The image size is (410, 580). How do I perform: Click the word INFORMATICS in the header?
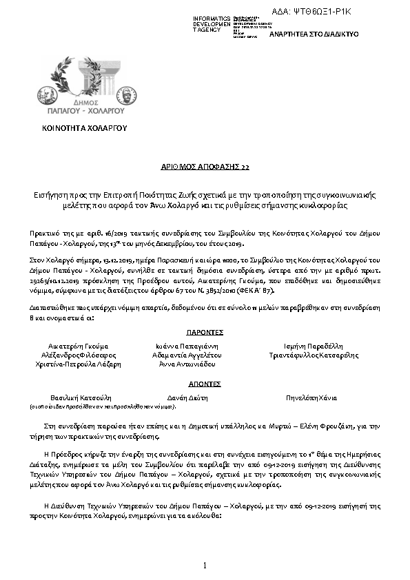(x=212, y=19)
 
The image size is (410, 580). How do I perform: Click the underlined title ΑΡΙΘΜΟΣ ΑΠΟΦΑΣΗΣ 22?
(x=205, y=167)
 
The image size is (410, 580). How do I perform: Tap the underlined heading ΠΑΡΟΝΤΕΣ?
(x=205, y=332)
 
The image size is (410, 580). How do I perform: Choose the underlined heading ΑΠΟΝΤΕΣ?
(x=205, y=384)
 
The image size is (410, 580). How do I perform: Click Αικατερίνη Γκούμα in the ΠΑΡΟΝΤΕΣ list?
(x=78, y=346)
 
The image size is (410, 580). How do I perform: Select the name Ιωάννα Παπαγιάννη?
(x=186, y=346)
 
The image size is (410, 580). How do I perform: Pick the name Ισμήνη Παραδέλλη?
(x=313, y=346)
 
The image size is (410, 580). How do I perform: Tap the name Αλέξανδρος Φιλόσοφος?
(x=78, y=355)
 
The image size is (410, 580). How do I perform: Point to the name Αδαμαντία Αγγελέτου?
(x=186, y=355)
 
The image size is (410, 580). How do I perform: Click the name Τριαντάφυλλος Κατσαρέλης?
(x=314, y=355)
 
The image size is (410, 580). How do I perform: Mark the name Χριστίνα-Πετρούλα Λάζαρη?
(x=78, y=364)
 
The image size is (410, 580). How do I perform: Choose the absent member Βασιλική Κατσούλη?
(x=81, y=398)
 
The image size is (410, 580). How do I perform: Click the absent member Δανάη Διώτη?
(x=186, y=398)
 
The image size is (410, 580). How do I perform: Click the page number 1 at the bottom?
(x=205, y=566)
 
